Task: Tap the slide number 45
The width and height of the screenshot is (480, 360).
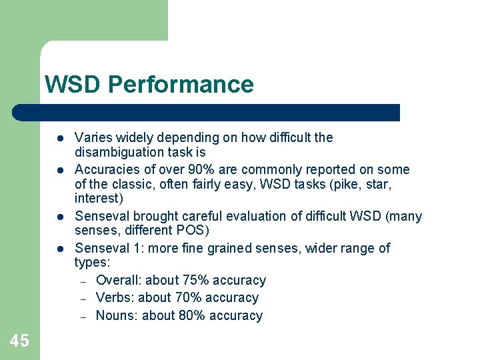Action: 19,341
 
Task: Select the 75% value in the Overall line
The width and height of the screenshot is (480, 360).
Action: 198,281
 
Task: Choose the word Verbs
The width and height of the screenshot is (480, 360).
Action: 115,298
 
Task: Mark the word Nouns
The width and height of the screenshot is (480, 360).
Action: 117,316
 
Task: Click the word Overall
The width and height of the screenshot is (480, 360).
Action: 118,281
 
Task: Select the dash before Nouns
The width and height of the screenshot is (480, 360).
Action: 83,317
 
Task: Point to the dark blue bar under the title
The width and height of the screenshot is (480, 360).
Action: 207,113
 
